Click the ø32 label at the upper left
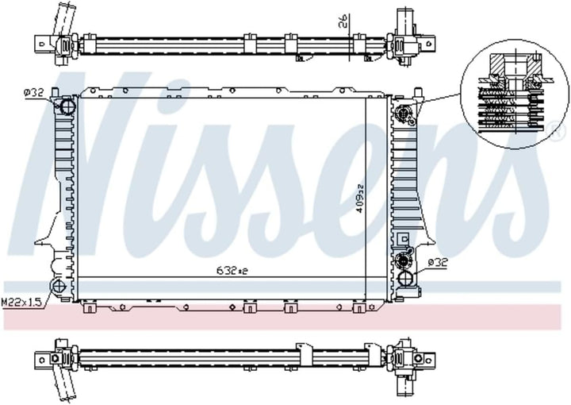[x=33, y=93]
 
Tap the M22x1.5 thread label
[x=22, y=302]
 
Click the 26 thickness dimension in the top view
[x=343, y=21]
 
